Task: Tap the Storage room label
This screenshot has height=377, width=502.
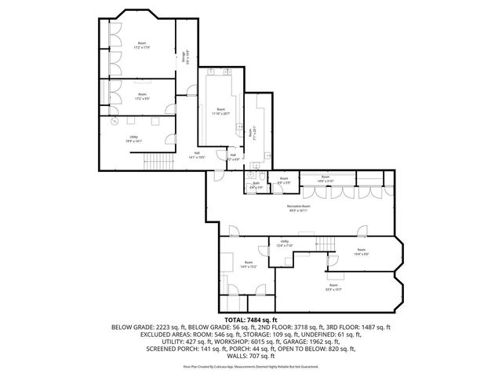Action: click(185, 57)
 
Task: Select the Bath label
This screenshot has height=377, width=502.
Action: click(256, 185)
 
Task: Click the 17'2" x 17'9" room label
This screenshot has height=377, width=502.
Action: click(142, 46)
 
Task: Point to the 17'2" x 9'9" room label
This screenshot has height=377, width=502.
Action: click(142, 97)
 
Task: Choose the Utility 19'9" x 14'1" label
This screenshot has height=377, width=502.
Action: click(134, 140)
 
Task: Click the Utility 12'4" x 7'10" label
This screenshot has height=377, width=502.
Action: click(285, 243)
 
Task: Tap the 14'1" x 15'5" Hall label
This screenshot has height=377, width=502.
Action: click(196, 156)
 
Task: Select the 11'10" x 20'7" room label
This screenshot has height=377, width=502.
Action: click(222, 112)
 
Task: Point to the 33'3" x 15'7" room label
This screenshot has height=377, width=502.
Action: click(333, 287)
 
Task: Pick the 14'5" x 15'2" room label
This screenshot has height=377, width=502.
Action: click(249, 265)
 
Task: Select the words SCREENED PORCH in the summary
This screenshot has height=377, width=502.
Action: click(172, 347)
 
